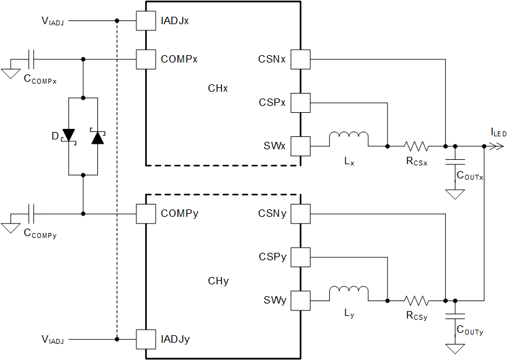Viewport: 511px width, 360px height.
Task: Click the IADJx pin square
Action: pos(146,21)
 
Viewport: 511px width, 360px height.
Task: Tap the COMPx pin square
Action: pos(146,59)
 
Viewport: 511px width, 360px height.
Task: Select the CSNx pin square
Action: pos(300,59)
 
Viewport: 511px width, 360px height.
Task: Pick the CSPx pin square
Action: pos(300,102)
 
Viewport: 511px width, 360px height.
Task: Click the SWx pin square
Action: pos(300,146)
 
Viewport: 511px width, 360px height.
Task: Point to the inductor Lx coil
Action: pos(349,139)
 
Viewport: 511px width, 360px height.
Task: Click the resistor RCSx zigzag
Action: pos(416,146)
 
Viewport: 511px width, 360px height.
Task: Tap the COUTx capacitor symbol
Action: pos(456,162)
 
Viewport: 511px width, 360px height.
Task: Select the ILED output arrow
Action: pos(497,146)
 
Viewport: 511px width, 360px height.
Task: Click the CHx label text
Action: pos(218,89)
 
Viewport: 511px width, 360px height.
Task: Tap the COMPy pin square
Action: pos(146,214)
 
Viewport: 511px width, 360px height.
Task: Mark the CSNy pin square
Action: pos(300,214)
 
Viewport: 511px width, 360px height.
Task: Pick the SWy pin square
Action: pos(300,301)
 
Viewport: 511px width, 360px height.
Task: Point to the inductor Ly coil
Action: pos(349,294)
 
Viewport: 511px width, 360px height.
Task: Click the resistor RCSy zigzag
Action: pos(416,301)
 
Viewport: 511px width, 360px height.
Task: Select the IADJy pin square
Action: pos(146,339)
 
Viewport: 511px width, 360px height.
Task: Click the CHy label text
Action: pos(218,281)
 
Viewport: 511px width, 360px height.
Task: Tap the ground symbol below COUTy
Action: pos(456,348)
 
